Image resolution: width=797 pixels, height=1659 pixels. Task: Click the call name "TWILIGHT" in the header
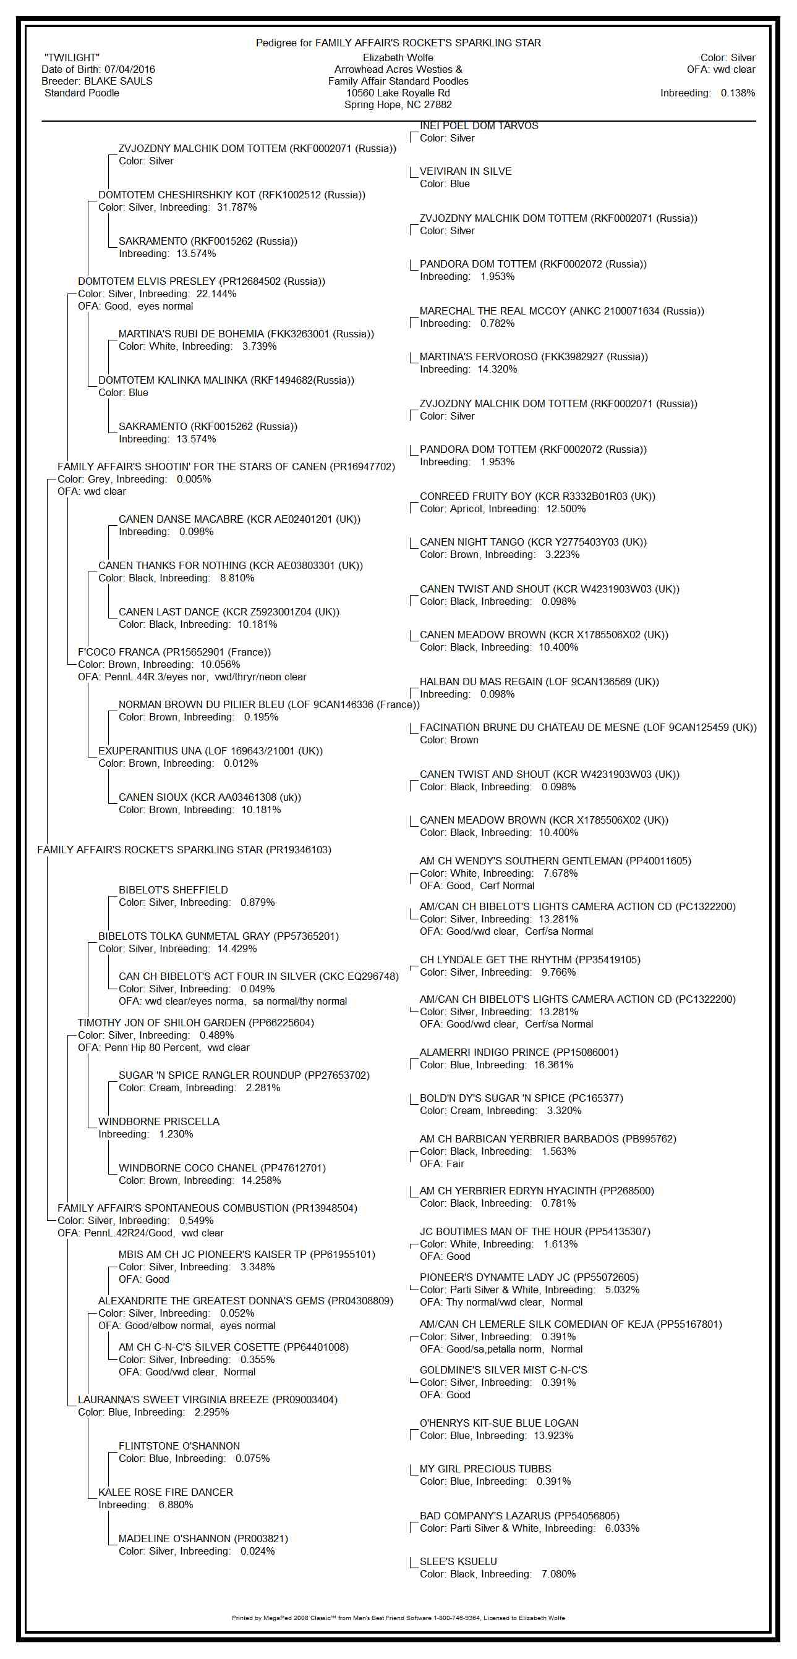(72, 58)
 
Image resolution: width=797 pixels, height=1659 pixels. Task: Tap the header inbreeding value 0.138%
(738, 93)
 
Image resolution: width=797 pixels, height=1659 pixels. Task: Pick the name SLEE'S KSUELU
(458, 1562)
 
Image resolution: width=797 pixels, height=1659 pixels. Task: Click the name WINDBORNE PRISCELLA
(158, 1121)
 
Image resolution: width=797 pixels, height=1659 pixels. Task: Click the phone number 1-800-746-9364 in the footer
(458, 1618)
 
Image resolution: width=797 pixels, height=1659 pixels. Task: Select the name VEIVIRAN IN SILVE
(465, 171)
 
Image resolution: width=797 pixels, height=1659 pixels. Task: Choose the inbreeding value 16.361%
(553, 1065)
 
